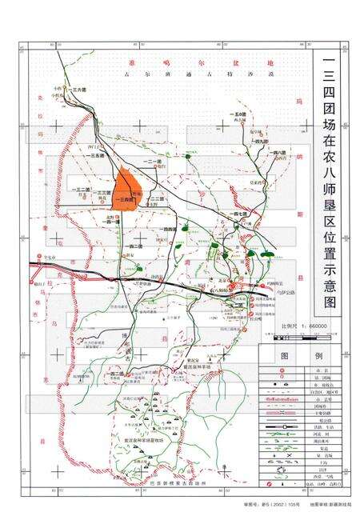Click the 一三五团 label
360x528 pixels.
98,155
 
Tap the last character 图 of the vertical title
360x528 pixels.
329,302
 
